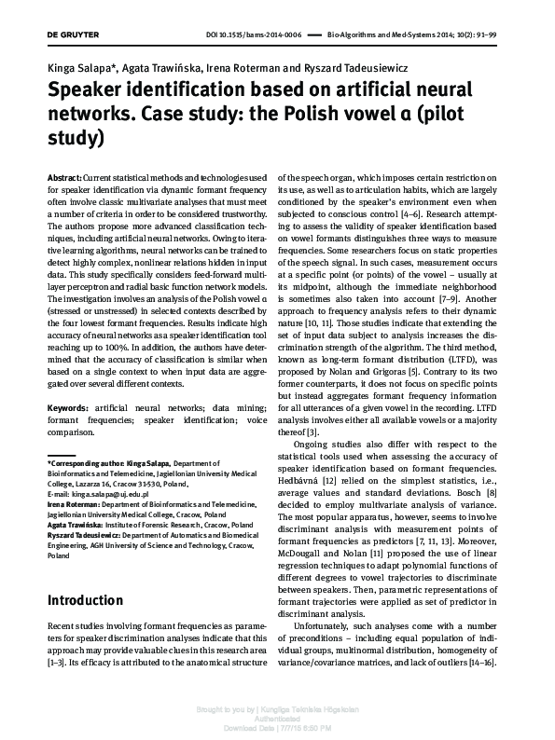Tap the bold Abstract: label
[x=63, y=176]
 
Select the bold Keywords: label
[x=67, y=434]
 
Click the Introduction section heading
[x=86, y=600]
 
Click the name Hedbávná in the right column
[x=298, y=479]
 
